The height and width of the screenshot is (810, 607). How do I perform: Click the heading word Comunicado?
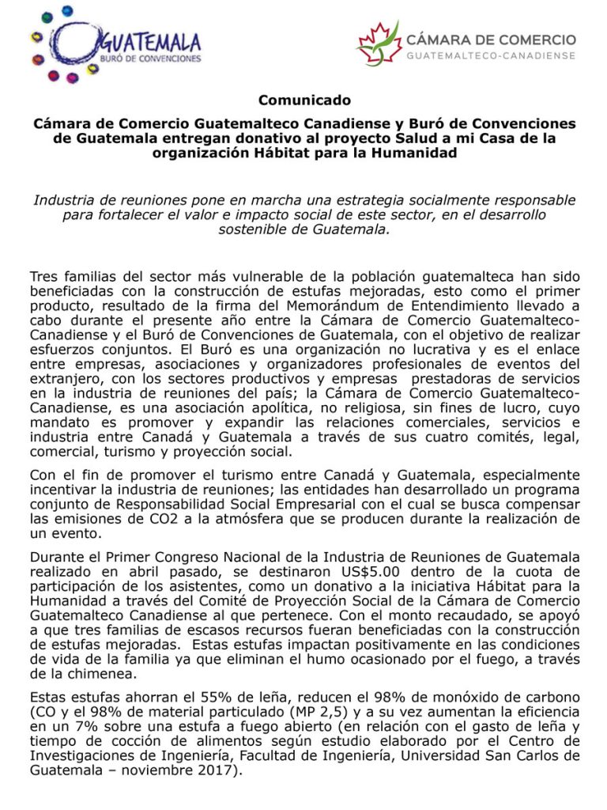(x=303, y=100)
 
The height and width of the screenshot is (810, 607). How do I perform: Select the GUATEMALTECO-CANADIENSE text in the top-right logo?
(x=491, y=55)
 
